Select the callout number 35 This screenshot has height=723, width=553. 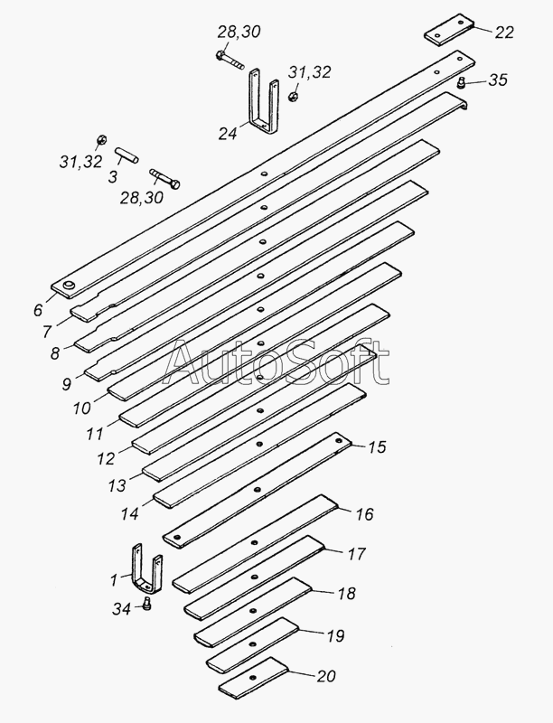pos(497,80)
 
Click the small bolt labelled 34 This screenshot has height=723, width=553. pos(147,606)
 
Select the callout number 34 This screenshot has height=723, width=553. pos(122,610)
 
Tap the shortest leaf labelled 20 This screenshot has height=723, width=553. pos(252,675)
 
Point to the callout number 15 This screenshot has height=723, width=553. pos(375,446)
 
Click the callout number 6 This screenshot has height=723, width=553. pos(38,309)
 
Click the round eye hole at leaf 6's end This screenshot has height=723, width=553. pos(69,286)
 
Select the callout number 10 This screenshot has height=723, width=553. pos(81,408)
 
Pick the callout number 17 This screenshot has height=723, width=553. pos(356,553)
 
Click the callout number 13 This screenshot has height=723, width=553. pos(118,486)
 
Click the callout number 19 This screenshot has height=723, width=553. pos(334,636)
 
